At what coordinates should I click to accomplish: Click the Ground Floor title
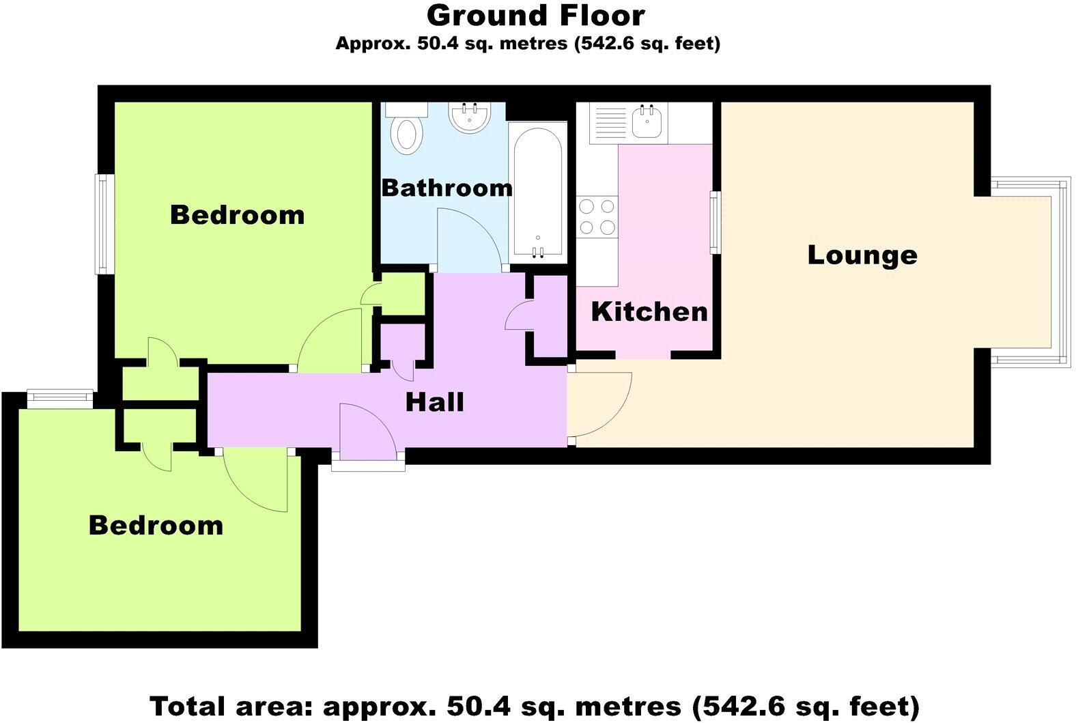click(x=535, y=16)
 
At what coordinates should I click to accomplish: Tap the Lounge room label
click(x=862, y=255)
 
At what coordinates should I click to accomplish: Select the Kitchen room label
click(x=649, y=312)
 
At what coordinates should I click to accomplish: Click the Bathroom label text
click(x=447, y=188)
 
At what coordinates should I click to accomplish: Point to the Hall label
click(x=434, y=402)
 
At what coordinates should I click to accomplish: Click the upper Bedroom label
click(x=237, y=215)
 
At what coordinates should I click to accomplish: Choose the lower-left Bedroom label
click(x=156, y=526)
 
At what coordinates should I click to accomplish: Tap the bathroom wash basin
click(x=469, y=117)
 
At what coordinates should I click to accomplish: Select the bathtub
click(x=538, y=193)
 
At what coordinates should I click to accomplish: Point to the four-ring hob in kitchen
click(x=597, y=216)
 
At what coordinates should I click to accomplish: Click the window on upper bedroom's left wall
click(x=103, y=224)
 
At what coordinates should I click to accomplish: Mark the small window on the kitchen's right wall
click(x=715, y=223)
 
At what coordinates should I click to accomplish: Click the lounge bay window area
click(x=1024, y=272)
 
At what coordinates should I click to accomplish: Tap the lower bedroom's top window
click(x=59, y=398)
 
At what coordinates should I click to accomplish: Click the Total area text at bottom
click(x=534, y=705)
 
